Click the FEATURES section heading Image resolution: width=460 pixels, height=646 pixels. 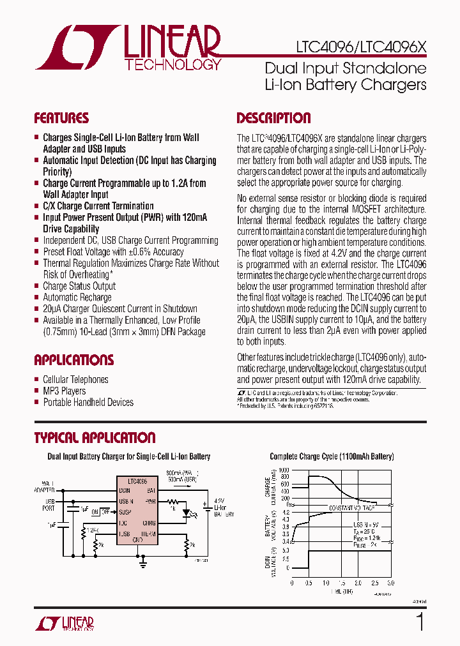click(x=61, y=118)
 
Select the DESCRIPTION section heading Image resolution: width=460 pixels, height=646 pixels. click(x=273, y=118)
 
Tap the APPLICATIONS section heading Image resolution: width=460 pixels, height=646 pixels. click(x=73, y=359)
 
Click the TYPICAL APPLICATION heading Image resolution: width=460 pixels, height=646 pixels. click(x=94, y=438)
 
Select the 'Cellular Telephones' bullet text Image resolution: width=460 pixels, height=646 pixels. click(x=75, y=380)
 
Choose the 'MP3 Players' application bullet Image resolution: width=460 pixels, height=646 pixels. click(x=64, y=391)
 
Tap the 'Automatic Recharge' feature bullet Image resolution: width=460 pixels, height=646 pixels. click(x=77, y=297)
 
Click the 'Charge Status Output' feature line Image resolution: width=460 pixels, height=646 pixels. click(x=79, y=286)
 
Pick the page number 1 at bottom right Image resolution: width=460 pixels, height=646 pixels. click(x=420, y=622)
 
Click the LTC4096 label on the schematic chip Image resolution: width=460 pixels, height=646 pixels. click(x=137, y=481)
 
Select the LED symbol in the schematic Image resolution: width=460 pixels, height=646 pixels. click(x=188, y=512)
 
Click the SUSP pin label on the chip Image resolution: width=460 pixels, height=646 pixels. click(x=125, y=512)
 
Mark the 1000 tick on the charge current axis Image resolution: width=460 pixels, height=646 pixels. click(x=284, y=469)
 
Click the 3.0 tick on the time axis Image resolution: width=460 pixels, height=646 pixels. click(x=391, y=583)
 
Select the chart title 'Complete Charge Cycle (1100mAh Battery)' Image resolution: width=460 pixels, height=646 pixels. click(x=332, y=456)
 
